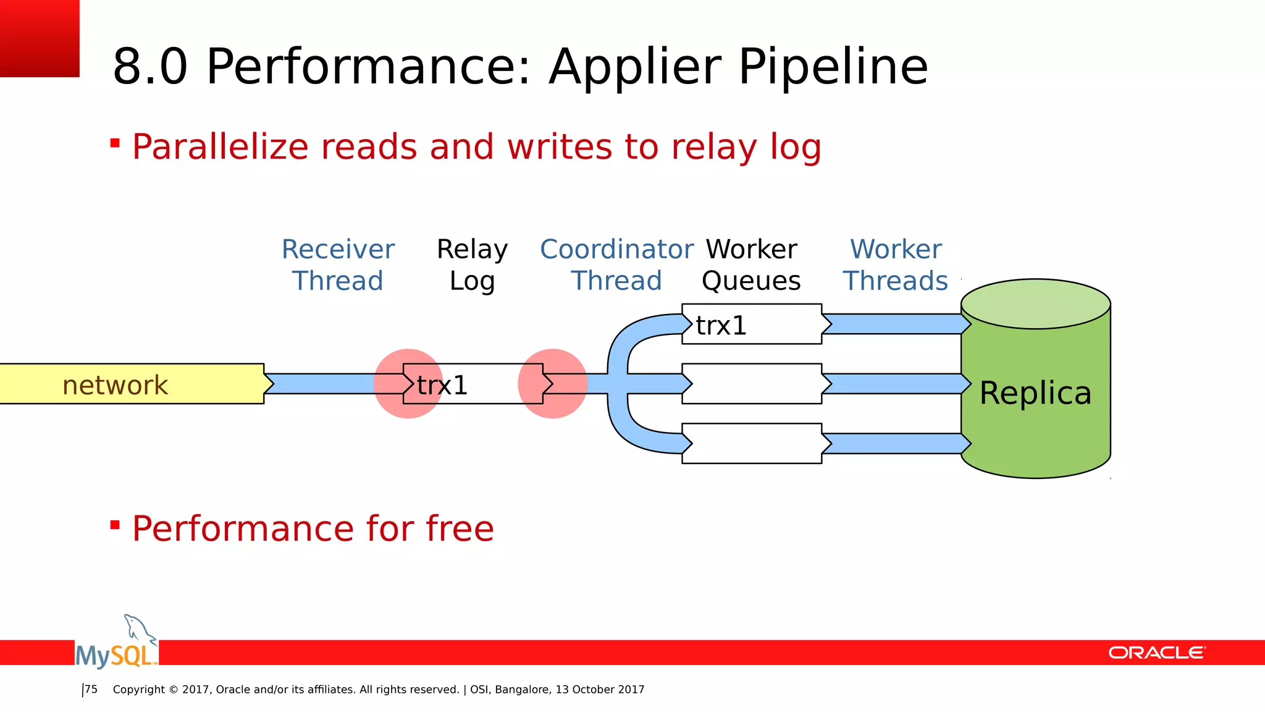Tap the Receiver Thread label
click(338, 265)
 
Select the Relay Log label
click(472, 265)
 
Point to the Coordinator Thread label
click(616, 265)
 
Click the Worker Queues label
click(751, 265)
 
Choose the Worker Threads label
click(895, 265)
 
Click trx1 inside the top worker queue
click(721, 325)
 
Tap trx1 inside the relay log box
click(442, 385)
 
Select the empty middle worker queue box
click(754, 384)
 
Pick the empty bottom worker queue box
click(754, 444)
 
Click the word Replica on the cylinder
click(1035, 393)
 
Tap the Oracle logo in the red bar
click(1156, 653)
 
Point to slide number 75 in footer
click(91, 689)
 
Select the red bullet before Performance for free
click(115, 525)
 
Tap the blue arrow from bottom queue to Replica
click(893, 444)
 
